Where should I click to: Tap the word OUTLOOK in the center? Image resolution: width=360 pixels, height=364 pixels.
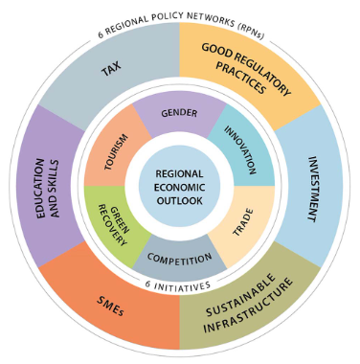179,200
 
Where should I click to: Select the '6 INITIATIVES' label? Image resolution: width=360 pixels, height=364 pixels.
179,284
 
